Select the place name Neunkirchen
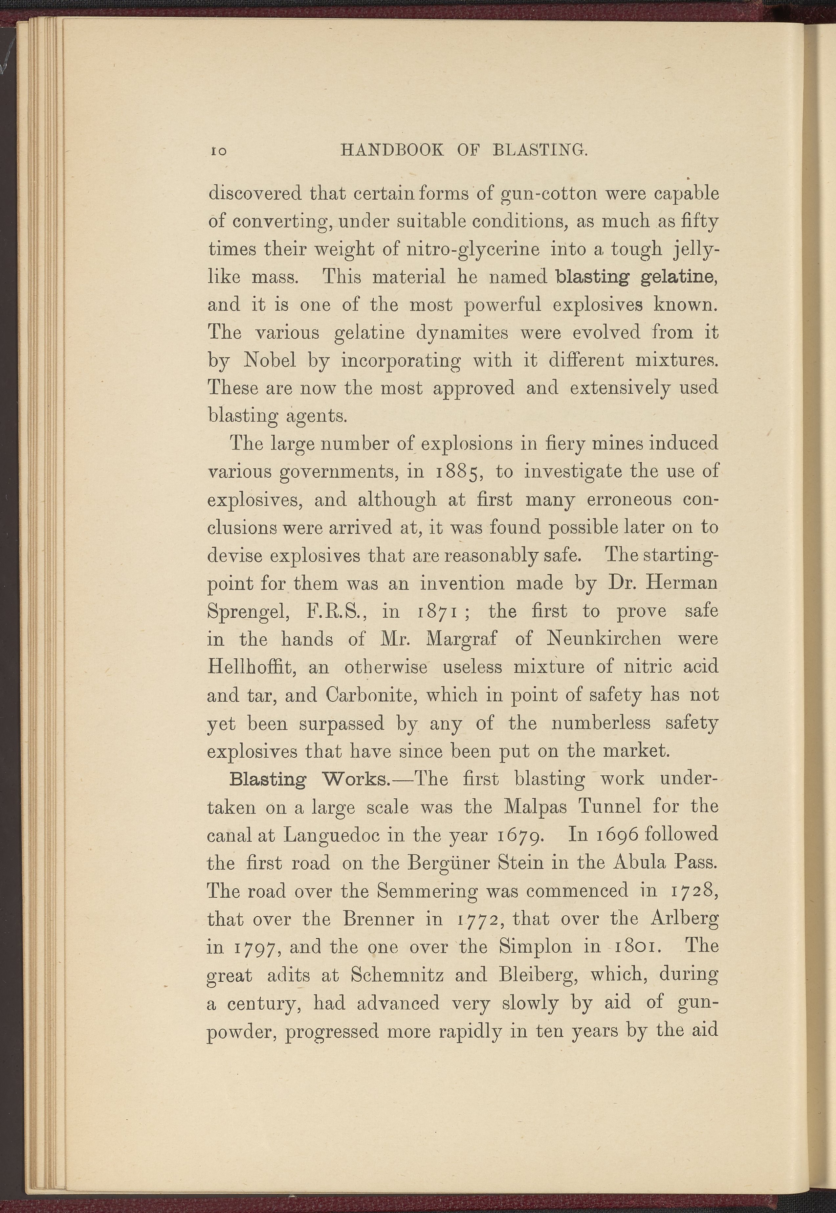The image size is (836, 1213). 604,639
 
